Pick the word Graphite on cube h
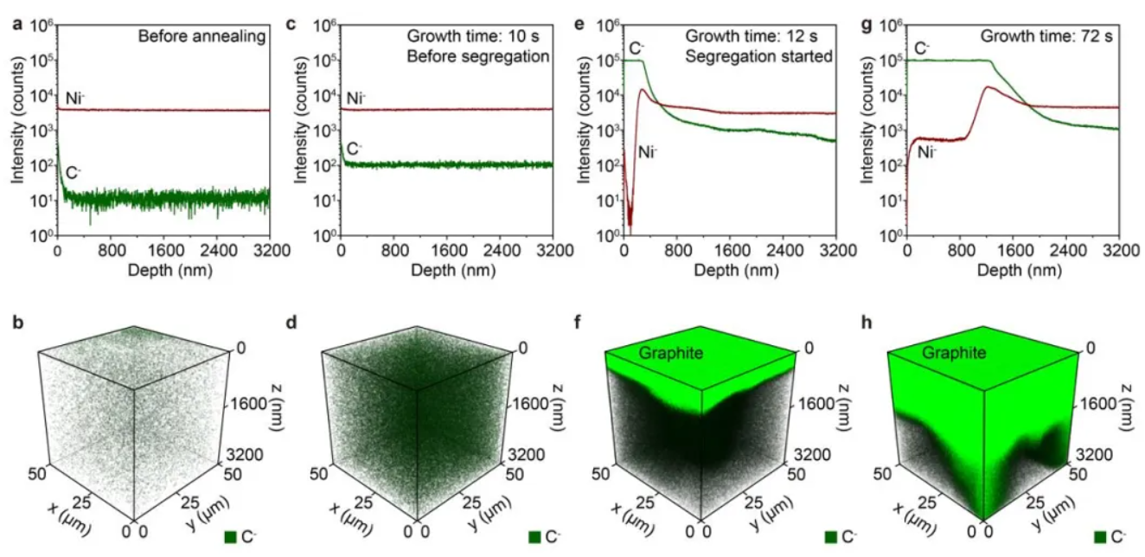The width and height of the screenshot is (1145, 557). pos(947,353)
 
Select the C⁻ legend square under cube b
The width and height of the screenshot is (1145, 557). pos(231,538)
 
